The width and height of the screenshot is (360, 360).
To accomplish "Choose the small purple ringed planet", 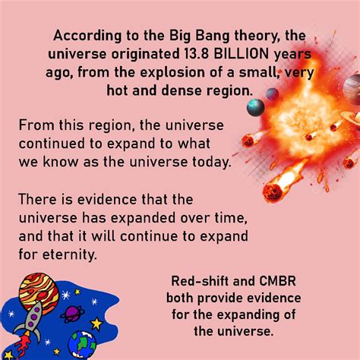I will click(73, 313).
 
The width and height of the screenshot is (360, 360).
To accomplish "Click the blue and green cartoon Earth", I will click(82, 344).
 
